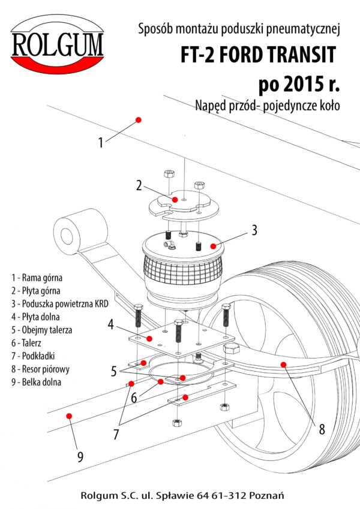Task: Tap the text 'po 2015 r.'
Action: tap(299, 83)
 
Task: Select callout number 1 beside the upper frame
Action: tap(101, 143)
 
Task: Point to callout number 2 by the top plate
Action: tap(139, 185)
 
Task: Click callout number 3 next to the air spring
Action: tap(254, 230)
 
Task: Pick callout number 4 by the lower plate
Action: tap(110, 325)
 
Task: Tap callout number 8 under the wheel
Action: tap(322, 429)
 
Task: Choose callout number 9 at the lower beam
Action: tap(80, 457)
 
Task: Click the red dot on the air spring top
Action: tap(211, 245)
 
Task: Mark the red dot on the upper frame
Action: tap(139, 120)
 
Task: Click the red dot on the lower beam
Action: tap(69, 415)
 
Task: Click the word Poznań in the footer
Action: tap(269, 496)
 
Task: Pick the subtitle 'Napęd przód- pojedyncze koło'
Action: tap(268, 106)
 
